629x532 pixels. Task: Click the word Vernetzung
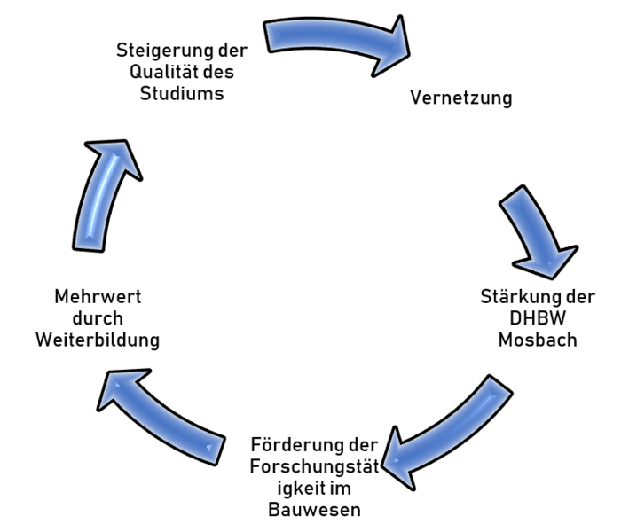coord(460,98)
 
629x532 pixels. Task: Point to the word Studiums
coord(181,93)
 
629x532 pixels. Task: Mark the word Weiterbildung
coord(110,340)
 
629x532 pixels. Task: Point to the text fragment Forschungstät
coord(305,465)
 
